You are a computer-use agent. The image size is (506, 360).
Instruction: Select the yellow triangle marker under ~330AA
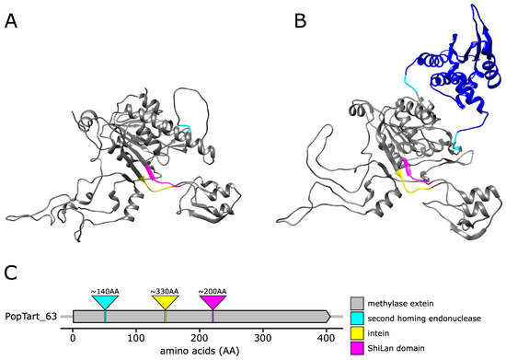165,302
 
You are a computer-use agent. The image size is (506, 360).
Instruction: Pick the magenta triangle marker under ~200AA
213,302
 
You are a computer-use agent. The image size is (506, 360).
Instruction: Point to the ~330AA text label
165,291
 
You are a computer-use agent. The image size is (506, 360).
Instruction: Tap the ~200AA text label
213,291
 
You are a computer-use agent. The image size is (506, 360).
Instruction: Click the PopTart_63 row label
34,317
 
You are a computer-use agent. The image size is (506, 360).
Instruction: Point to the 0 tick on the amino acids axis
73,337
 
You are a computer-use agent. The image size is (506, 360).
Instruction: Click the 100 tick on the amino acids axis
136,337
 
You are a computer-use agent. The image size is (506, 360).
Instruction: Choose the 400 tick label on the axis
327,337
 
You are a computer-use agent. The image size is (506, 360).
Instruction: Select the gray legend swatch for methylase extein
358,301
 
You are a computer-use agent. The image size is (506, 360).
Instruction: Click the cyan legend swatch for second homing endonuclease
358,318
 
